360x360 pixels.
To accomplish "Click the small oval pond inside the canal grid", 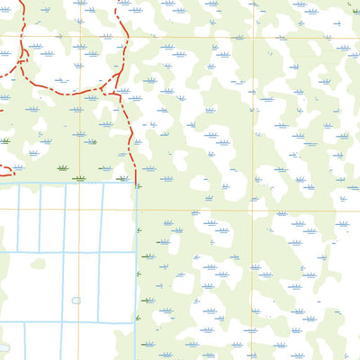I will [x=76, y=301].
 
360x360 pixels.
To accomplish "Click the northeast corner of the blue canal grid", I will [x=136, y=183].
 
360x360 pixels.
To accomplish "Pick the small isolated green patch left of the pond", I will [x=38, y=264].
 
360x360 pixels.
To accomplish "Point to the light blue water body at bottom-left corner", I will [x=3, y=347].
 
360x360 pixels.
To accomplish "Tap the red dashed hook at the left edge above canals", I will [x=7, y=168].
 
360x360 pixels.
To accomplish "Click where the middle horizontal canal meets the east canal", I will [x=136, y=252].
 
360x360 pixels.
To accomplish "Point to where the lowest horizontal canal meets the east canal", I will [x=136, y=322].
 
